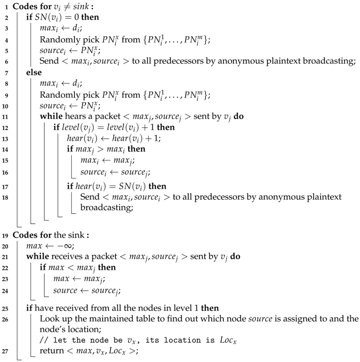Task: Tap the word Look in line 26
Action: pos(49,319)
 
